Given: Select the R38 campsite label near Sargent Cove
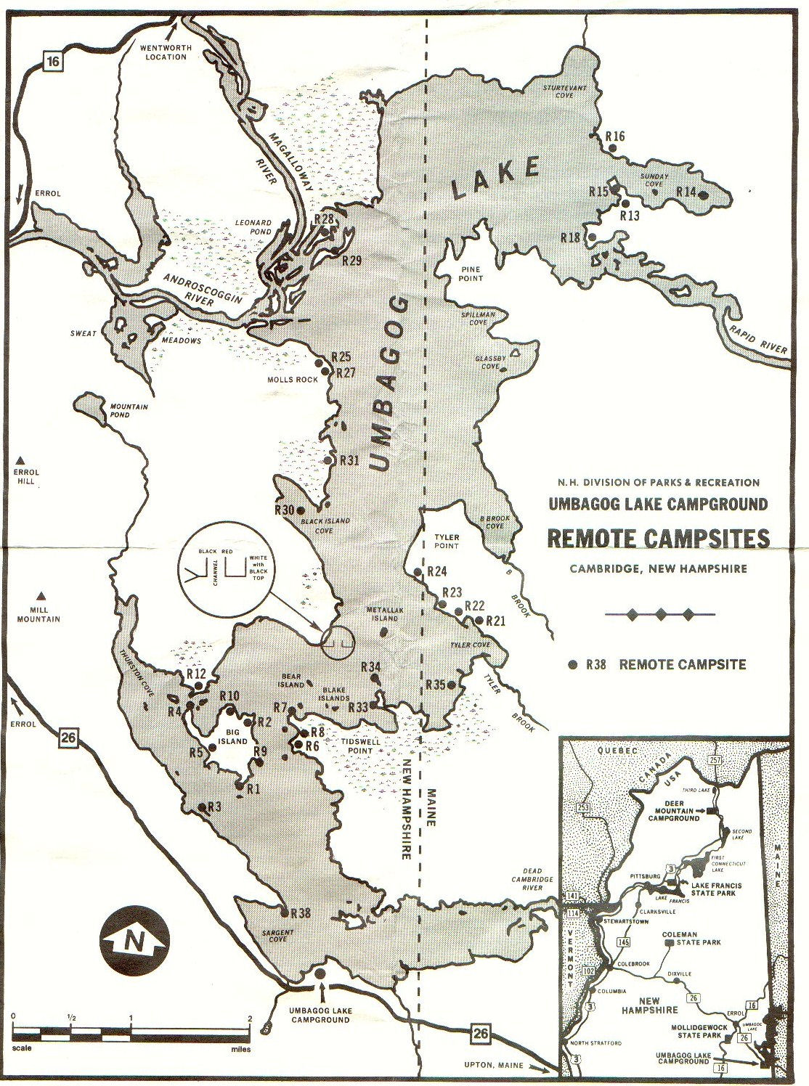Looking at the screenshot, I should (300, 913).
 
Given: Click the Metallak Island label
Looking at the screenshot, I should (382, 614).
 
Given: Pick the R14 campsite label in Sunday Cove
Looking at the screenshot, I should (686, 192).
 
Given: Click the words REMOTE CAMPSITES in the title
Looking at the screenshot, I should (657, 538).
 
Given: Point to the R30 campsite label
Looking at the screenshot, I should (284, 510).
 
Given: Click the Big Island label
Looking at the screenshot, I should (234, 737).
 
